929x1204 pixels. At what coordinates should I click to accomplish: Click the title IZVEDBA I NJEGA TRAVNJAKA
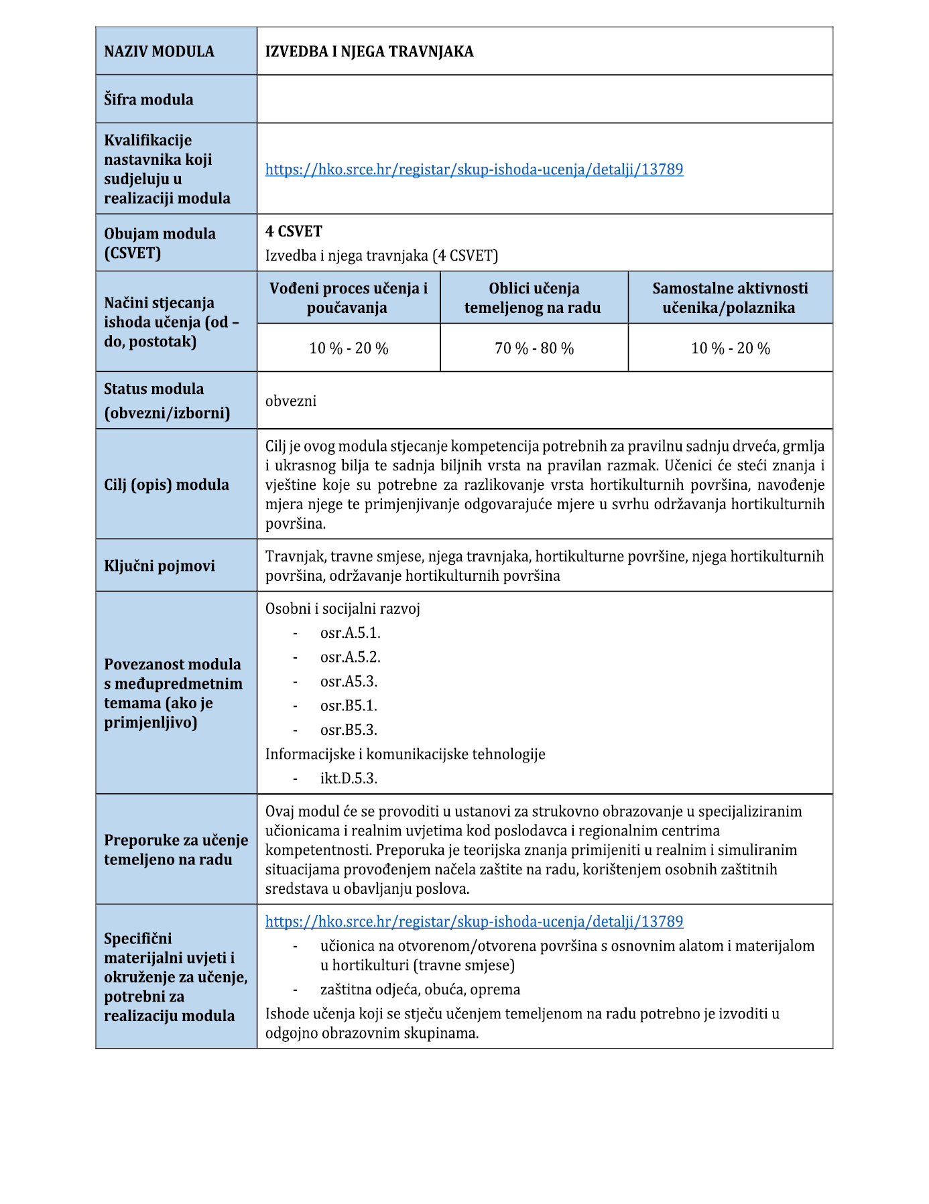pos(369,52)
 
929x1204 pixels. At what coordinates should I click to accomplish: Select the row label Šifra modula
pos(149,100)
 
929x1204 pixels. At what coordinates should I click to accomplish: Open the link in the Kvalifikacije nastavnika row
pos(474,170)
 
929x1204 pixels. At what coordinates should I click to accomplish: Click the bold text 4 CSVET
pos(294,232)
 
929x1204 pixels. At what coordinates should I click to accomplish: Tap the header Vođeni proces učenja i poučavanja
pos(348,298)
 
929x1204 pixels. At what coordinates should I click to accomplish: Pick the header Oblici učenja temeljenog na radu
pos(534,298)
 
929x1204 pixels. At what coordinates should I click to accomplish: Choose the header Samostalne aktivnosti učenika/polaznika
pos(730,298)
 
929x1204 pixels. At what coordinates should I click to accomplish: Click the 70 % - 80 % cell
pos(534,348)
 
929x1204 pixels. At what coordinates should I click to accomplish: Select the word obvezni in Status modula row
pos(291,401)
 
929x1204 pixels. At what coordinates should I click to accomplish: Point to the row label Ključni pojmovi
pos(160,566)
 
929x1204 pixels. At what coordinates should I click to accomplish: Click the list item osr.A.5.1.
pos(350,633)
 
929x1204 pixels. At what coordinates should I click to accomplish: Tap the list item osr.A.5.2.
pos(350,657)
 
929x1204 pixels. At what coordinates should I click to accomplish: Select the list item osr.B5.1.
pos(349,706)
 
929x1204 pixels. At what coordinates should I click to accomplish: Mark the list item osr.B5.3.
pos(349,730)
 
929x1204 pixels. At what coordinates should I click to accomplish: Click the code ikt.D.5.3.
pos(349,779)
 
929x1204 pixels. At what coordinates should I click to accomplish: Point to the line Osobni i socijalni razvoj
pos(343,609)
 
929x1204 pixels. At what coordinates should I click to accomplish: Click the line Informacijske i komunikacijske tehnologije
pos(405,754)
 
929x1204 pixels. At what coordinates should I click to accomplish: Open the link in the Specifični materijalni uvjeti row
pos(474,922)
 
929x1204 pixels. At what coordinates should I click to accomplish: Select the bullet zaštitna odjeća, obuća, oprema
pos(420,990)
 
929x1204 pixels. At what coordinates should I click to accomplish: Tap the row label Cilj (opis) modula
pos(166,485)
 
